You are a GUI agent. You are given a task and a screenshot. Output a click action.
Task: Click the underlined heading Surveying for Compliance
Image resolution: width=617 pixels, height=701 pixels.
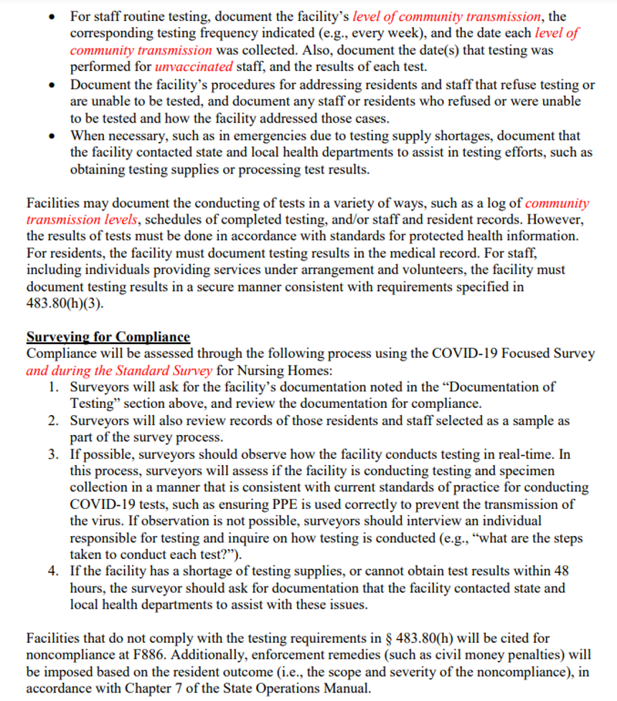coord(108,337)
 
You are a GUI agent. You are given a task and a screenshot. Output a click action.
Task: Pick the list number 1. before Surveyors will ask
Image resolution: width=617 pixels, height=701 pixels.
coord(54,386)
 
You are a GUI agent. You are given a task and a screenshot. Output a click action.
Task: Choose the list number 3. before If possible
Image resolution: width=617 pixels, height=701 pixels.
coord(54,454)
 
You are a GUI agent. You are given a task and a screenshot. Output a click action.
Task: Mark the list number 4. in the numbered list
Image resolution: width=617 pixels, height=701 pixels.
coord(54,571)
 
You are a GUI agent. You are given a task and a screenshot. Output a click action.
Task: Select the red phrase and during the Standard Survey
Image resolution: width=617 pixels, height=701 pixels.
coord(118,371)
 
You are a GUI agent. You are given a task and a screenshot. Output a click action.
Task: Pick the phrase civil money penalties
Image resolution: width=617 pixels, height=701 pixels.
coord(459,654)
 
